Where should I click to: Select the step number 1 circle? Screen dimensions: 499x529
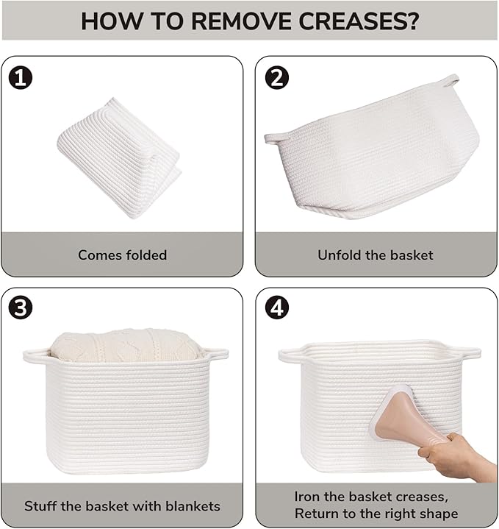click(21, 77)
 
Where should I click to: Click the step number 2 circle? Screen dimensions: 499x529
click(276, 77)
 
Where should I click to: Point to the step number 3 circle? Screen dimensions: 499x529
click(21, 308)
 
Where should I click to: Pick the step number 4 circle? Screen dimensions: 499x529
click(276, 308)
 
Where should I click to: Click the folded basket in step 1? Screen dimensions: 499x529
click(119, 158)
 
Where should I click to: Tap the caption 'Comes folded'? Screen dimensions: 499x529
click(122, 255)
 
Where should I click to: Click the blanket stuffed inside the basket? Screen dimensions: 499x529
click(126, 345)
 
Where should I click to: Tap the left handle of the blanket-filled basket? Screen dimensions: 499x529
click(36, 356)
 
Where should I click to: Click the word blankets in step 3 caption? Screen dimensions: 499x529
click(193, 506)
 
